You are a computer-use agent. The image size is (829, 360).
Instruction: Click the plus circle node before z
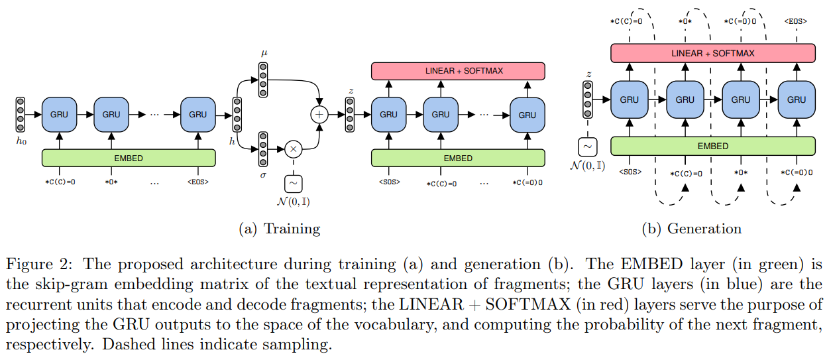coord(320,114)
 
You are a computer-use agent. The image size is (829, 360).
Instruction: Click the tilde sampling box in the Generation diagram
coord(588,145)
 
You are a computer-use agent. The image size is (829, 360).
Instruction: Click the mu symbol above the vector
coord(264,52)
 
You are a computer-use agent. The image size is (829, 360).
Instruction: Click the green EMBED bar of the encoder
coord(129,158)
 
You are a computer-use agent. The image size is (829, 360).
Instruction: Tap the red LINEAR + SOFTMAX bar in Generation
coord(713,53)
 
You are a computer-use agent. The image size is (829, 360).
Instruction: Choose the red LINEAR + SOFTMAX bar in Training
coord(458,70)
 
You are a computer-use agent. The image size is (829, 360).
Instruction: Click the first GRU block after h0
coord(60,114)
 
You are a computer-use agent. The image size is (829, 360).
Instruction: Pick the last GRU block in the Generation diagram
coord(797,99)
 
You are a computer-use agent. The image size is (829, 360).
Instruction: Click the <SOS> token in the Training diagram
coord(389,182)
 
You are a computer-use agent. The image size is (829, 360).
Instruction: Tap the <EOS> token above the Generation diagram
coord(795,21)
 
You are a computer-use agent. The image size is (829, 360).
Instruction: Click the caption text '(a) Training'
coord(279,229)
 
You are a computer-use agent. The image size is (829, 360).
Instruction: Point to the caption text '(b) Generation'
coord(691,229)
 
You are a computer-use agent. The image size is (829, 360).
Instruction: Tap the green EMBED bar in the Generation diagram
coord(713,146)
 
